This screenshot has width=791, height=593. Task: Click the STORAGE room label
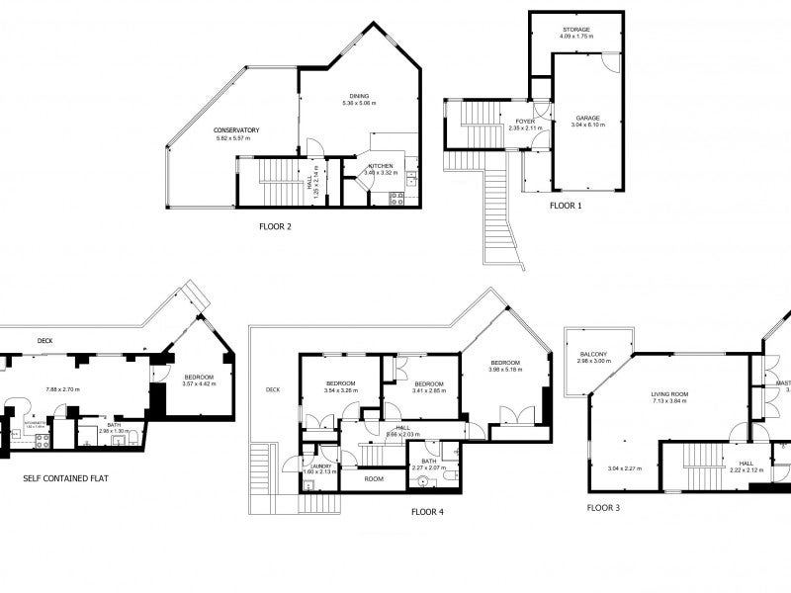576,30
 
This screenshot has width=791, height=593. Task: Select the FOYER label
526,121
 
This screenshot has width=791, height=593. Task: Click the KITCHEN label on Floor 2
381,166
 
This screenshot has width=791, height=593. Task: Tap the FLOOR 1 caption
566,207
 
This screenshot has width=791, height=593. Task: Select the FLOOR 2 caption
276,225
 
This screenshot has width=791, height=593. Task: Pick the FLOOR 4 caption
428,512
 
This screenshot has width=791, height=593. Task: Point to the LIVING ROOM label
669,392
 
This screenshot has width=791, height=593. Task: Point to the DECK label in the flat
44,342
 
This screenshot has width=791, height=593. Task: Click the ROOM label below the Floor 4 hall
374,478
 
